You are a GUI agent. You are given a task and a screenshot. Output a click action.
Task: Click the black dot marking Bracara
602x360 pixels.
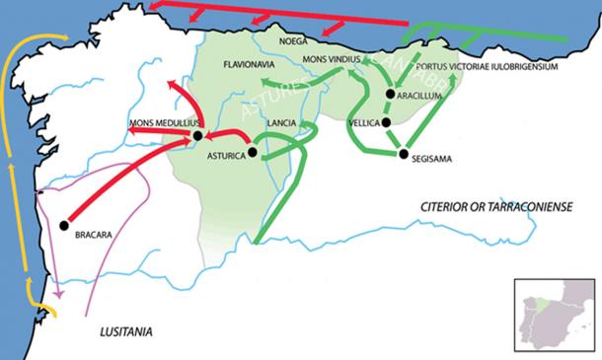click(64, 225)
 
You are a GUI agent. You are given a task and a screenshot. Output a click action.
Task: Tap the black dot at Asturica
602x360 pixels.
click(253, 153)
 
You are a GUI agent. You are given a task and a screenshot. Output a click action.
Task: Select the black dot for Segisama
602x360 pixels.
click(403, 153)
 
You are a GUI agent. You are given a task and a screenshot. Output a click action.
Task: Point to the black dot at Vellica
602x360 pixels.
click(386, 123)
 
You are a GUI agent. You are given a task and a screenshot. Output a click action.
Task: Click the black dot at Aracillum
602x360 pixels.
click(391, 95)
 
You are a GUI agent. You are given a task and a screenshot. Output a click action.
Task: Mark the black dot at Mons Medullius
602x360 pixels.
click(197, 135)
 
